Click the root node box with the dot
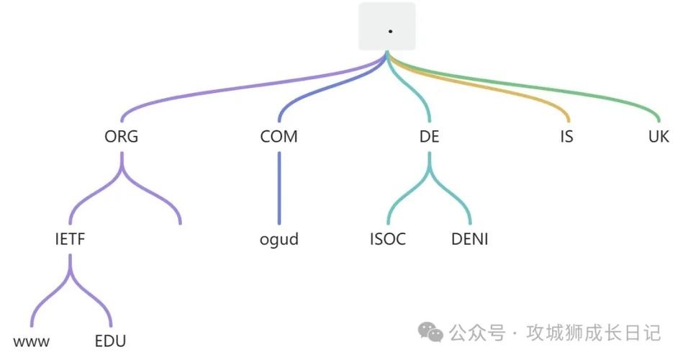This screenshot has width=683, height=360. coord(387,27)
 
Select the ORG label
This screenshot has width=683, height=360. coord(121,137)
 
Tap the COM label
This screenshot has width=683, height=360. coord(279,137)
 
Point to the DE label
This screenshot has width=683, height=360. coord(429,137)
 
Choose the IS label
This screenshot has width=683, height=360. coord(567,137)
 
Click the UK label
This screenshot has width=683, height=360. coord(659,137)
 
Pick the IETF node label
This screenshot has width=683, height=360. coord(70,239)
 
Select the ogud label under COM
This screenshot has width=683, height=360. coord(279,239)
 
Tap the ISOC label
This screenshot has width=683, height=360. coord(387,239)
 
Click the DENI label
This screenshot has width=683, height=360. coord(469,239)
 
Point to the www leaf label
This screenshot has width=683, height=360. coord(32,341)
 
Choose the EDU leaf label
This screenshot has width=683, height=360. coord(110,341)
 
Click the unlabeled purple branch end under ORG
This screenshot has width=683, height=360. coord(178,220)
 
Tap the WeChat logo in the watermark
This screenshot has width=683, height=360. coord(432,332)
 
